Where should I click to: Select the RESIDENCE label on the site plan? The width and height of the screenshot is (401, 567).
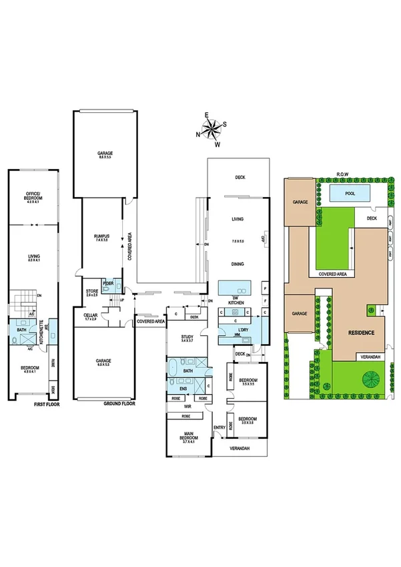click(360, 333)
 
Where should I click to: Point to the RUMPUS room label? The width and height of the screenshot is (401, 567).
click(101, 236)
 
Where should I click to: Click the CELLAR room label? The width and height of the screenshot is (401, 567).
click(91, 316)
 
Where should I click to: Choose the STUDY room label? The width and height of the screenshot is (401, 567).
click(187, 337)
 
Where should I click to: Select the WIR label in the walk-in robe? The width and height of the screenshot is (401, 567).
click(188, 405)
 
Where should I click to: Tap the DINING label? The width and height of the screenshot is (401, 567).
click(237, 264)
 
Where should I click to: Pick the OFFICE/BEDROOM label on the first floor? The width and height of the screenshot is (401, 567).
click(29, 197)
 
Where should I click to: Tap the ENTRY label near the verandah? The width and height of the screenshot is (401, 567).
click(219, 428)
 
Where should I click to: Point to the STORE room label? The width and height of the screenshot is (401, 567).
click(92, 291)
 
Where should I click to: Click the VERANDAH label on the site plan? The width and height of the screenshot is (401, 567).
click(370, 357)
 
